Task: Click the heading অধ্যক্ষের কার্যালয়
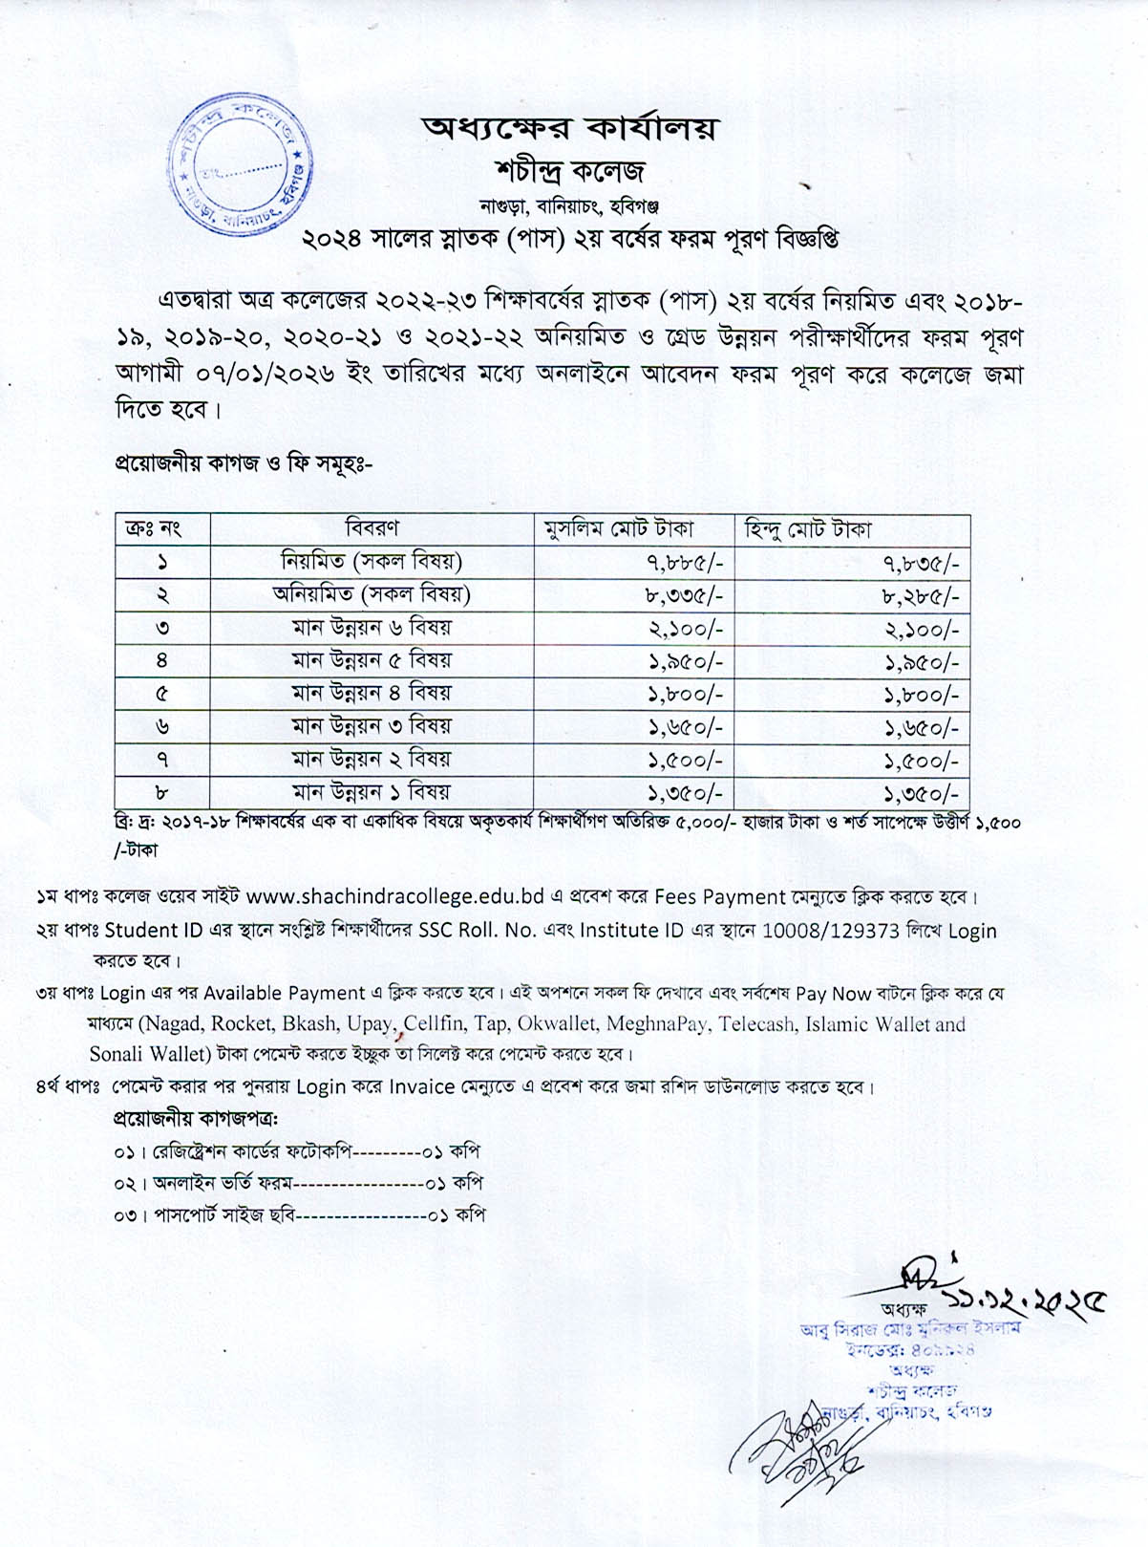click(569, 128)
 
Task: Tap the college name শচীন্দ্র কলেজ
click(571, 171)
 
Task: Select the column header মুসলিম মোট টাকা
click(618, 529)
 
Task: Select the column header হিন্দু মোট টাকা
click(808, 529)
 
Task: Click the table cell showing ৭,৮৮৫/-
click(684, 563)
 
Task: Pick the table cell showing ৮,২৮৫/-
click(920, 596)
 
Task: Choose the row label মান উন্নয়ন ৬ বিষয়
click(372, 628)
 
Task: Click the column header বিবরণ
click(372, 528)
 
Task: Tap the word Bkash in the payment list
click(309, 1024)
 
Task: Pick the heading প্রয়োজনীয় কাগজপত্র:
click(202, 1118)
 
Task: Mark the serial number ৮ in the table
click(162, 792)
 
